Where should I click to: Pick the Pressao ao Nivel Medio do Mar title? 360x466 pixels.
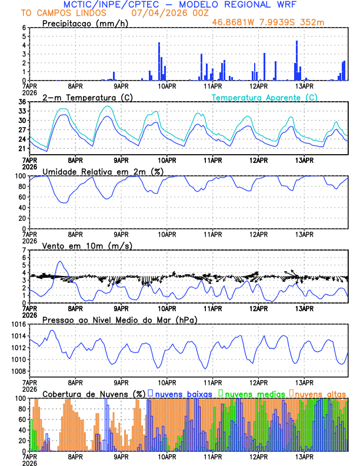(x=119, y=319)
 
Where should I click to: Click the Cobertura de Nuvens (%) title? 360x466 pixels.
(x=94, y=394)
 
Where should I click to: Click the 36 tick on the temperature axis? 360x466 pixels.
(x=22, y=102)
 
